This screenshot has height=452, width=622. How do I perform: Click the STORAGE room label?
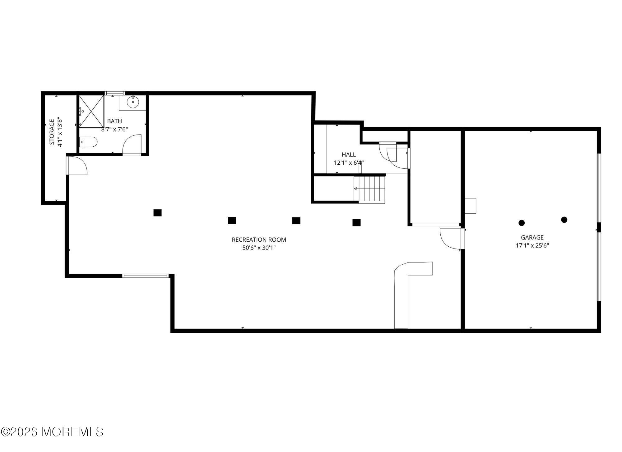click(x=52, y=132)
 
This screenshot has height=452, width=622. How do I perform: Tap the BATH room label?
click(x=114, y=121)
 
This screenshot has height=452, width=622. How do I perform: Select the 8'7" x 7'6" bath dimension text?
click(x=114, y=129)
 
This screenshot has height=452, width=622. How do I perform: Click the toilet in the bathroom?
click(x=89, y=142)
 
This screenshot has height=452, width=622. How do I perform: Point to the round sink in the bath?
click(x=133, y=102)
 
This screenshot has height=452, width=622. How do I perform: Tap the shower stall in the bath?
click(x=91, y=111)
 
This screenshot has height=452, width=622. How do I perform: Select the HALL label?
click(x=349, y=154)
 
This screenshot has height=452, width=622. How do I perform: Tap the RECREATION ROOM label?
click(x=259, y=240)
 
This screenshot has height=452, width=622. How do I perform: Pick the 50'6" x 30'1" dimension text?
click(x=259, y=248)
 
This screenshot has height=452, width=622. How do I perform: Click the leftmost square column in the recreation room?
click(x=157, y=213)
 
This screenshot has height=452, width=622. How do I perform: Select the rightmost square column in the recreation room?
click(x=356, y=222)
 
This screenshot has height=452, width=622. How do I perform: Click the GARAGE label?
click(x=532, y=237)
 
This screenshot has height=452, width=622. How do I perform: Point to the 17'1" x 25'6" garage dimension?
click(x=532, y=245)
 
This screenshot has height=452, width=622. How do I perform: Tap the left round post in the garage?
click(x=522, y=223)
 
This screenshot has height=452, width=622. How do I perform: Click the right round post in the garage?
click(x=564, y=220)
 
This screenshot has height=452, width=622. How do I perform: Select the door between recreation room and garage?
click(x=451, y=239)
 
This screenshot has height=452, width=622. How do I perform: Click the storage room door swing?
click(x=77, y=165)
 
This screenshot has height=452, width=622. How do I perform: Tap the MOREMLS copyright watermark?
click(x=52, y=432)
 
